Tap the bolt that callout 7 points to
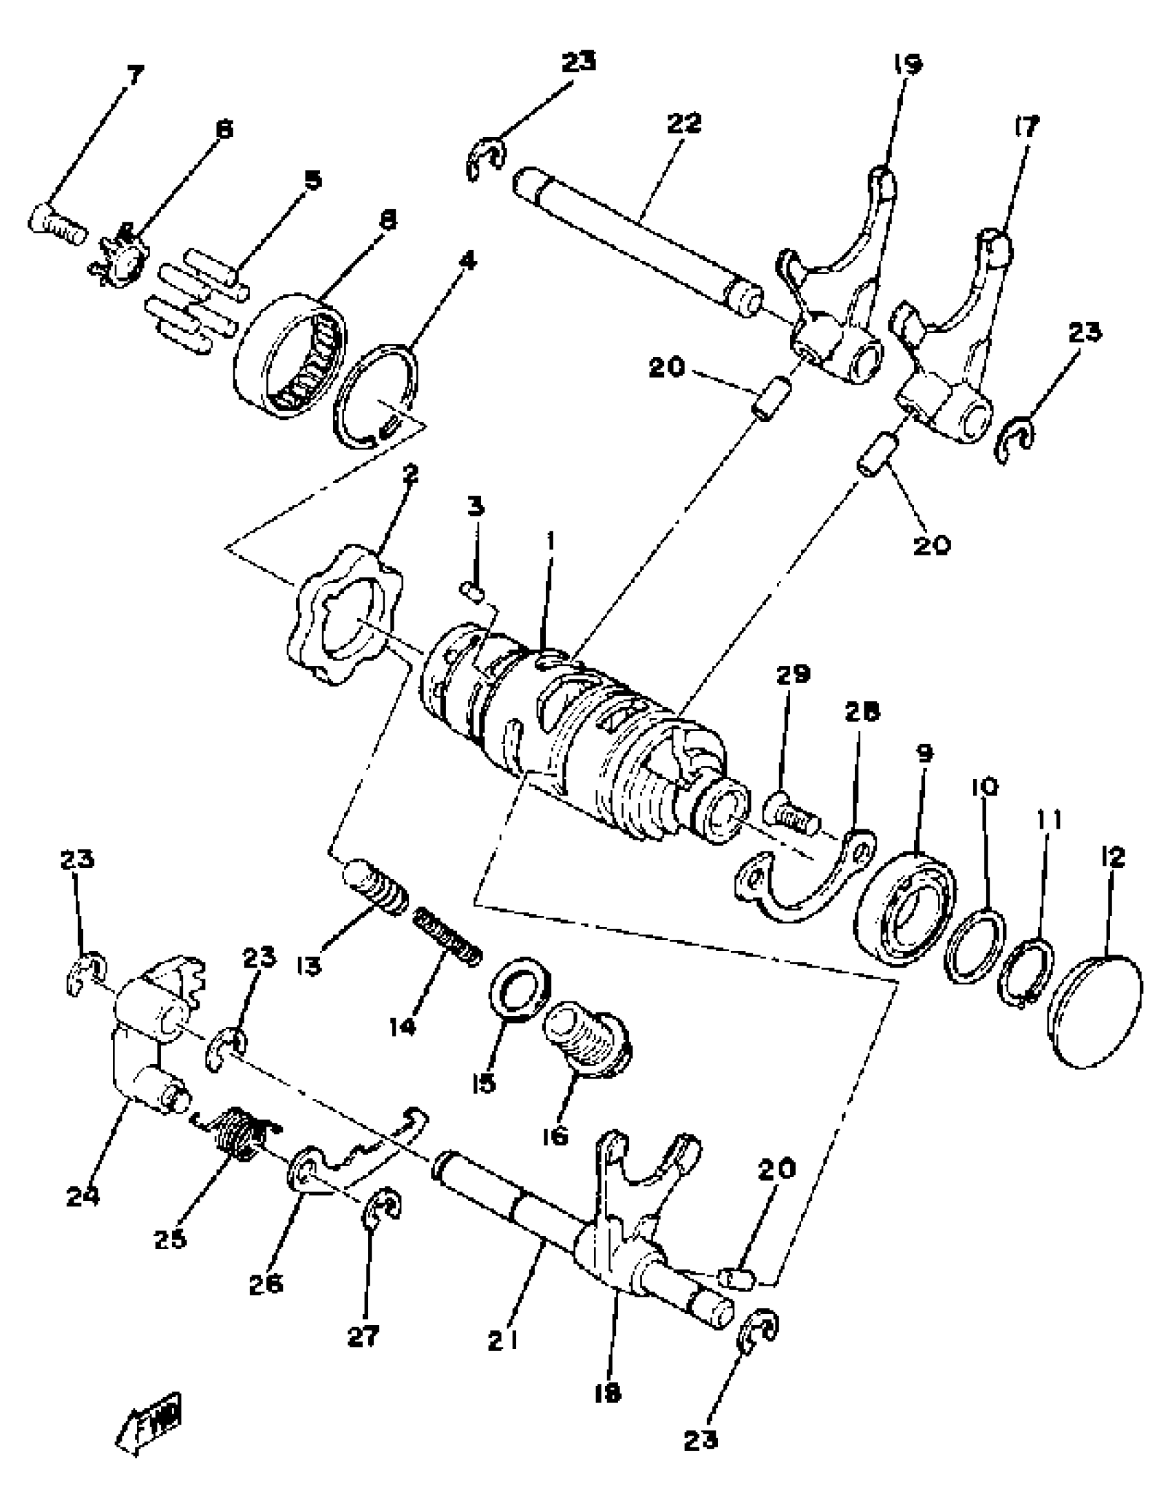click(x=56, y=222)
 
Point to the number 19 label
click(x=906, y=65)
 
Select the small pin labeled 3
click(x=472, y=591)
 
